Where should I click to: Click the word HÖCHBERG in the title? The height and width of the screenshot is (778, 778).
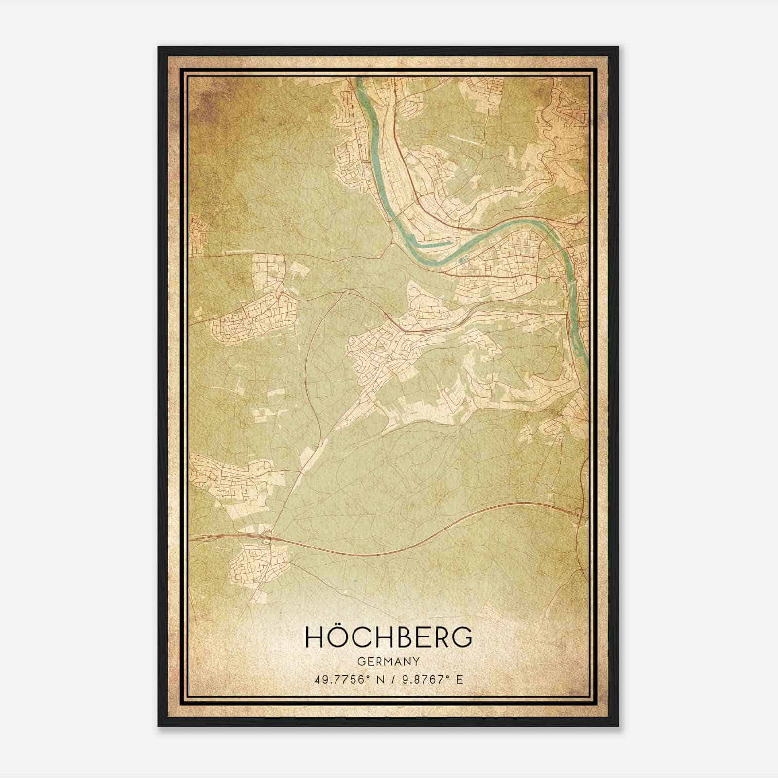389,637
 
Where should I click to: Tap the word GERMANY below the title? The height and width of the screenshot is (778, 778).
389,661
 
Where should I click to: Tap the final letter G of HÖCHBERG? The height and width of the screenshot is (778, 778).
462,637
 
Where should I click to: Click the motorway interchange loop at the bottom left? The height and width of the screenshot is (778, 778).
266,538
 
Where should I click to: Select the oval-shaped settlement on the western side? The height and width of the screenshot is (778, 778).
253,316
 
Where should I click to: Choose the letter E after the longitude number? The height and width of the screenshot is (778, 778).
460,680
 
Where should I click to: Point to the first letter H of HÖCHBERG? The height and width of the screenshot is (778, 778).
313,637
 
